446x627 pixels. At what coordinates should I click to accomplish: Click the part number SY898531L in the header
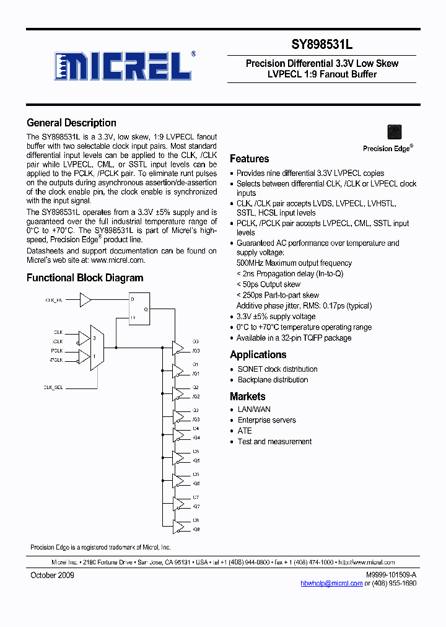(322, 45)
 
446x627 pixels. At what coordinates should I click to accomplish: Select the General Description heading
(71, 123)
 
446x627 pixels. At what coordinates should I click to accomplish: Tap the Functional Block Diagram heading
(85, 278)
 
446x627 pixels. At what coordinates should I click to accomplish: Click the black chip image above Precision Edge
(394, 132)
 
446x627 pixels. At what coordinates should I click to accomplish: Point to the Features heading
(250, 159)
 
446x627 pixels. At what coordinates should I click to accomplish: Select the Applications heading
(258, 355)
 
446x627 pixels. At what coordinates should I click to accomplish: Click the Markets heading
(248, 397)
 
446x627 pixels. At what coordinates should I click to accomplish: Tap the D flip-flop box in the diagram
(139, 309)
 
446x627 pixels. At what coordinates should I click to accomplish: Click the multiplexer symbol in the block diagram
(97, 348)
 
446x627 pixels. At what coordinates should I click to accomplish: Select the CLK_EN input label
(55, 300)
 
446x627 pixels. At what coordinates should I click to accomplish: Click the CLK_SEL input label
(53, 387)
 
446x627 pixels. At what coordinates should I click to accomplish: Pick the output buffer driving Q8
(178, 525)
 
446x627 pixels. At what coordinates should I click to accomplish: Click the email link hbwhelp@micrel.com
(331, 584)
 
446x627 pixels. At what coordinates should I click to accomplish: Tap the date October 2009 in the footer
(52, 576)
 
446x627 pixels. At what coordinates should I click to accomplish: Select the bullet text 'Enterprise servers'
(267, 420)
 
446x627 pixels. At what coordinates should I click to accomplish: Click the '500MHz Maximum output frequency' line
(294, 263)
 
